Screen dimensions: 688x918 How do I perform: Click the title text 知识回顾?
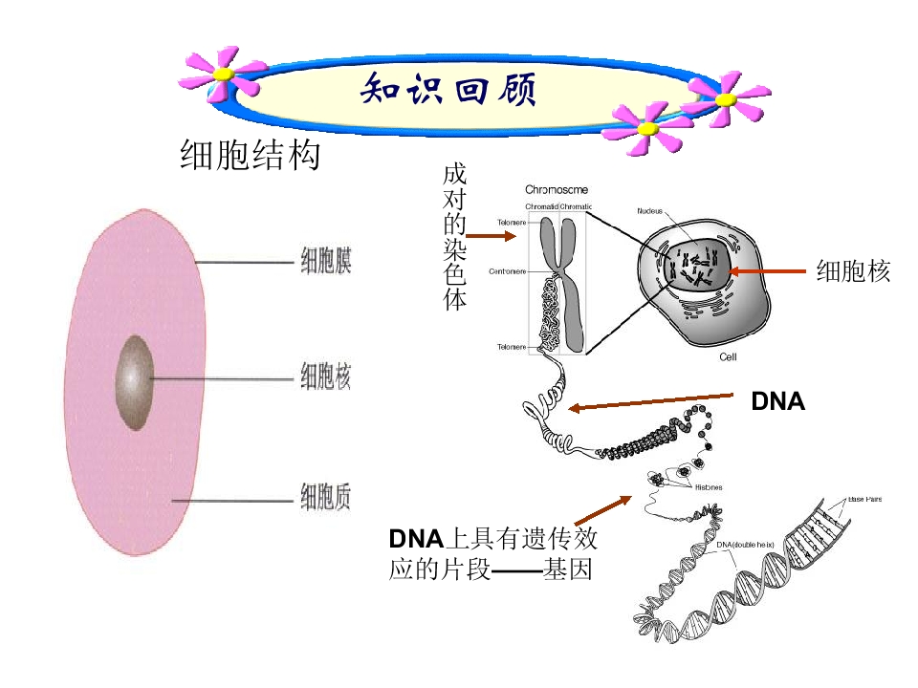(448, 92)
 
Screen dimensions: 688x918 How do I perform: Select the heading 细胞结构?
(250, 155)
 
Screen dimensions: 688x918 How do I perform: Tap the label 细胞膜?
(326, 261)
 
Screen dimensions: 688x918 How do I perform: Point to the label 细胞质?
(326, 498)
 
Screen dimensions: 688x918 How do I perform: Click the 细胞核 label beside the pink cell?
(326, 378)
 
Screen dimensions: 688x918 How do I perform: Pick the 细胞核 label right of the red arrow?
(853, 272)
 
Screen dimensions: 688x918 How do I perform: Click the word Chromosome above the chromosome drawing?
(557, 190)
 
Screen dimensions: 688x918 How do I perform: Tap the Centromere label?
(508, 271)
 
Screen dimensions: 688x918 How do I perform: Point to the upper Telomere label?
(511, 224)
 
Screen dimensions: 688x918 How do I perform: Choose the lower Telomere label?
(511, 346)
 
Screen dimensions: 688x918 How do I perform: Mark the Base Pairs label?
(864, 499)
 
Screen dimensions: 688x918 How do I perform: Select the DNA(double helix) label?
(745, 545)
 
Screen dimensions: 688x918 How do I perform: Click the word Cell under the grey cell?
(728, 357)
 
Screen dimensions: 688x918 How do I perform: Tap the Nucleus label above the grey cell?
(651, 210)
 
